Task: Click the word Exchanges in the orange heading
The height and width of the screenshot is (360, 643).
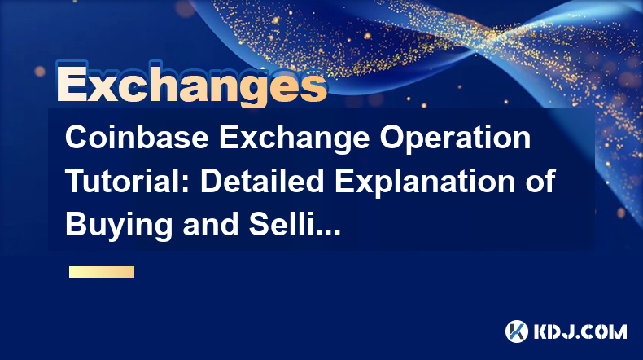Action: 191,84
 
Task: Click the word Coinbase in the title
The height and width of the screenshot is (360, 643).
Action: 137,138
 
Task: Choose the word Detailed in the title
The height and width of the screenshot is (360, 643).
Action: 262,181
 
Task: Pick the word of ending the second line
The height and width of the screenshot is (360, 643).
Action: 540,181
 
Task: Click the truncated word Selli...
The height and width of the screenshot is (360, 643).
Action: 280,224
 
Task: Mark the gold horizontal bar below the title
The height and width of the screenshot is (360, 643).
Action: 102,272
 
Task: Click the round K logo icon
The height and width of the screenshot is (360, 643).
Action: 516,331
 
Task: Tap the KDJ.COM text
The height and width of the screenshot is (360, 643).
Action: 580,331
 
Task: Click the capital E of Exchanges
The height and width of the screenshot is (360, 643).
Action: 72,83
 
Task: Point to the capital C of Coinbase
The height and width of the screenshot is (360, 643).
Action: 77,138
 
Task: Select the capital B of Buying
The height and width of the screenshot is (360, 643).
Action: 76,224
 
